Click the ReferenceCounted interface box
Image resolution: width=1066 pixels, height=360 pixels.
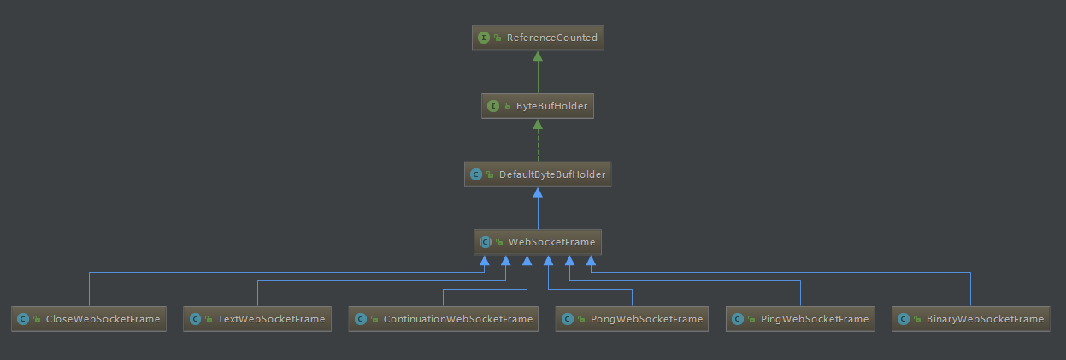tap(538, 38)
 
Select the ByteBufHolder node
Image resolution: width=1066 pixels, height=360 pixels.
tap(538, 106)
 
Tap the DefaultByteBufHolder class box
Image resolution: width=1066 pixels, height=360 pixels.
tap(538, 174)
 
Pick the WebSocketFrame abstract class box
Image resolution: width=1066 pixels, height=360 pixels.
tap(538, 242)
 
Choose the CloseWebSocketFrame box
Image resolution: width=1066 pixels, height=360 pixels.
tap(89, 319)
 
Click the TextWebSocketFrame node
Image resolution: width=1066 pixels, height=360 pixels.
tap(257, 319)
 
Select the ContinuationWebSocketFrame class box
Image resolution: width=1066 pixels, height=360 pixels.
tap(444, 319)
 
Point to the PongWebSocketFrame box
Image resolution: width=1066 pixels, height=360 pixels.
tap(632, 319)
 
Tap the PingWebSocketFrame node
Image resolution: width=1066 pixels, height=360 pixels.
tap(800, 319)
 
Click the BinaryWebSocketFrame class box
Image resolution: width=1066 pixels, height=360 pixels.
tap(971, 319)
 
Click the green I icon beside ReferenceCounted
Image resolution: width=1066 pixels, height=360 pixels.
tap(484, 38)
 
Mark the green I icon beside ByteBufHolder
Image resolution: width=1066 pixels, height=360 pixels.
tap(493, 106)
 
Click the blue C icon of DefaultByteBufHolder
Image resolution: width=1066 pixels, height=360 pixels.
tap(476, 174)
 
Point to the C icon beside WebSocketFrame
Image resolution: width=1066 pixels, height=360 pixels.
tap(486, 242)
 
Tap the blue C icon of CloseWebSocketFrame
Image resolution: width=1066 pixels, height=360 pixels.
tap(23, 319)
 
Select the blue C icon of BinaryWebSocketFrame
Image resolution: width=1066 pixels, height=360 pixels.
tap(904, 319)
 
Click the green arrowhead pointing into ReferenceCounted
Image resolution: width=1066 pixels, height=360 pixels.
tap(538, 56)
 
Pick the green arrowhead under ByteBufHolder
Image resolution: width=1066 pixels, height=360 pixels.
tap(538, 124)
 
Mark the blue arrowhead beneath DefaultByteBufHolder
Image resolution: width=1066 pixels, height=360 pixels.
tap(538, 192)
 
